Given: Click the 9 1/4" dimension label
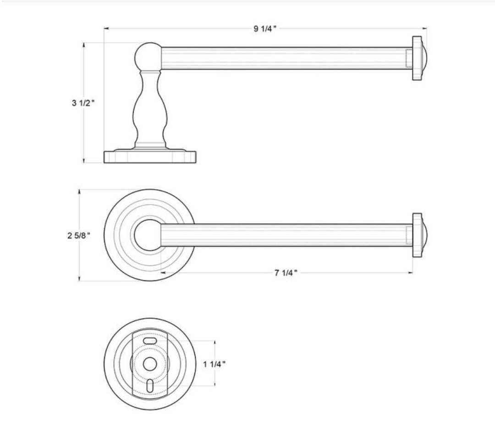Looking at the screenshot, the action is [x=265, y=29].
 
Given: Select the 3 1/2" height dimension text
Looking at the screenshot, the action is [x=83, y=103].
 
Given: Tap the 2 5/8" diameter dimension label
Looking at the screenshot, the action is [x=79, y=235].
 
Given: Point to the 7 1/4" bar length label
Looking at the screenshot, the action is [x=286, y=273].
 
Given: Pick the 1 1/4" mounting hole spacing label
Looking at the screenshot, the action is [x=214, y=364].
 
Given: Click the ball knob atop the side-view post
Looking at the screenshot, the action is [x=148, y=57].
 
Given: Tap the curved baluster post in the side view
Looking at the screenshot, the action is [x=149, y=109].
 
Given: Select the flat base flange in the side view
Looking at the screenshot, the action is [x=150, y=157].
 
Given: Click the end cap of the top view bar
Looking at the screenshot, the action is [x=419, y=58].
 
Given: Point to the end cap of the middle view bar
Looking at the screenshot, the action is [x=419, y=235].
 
